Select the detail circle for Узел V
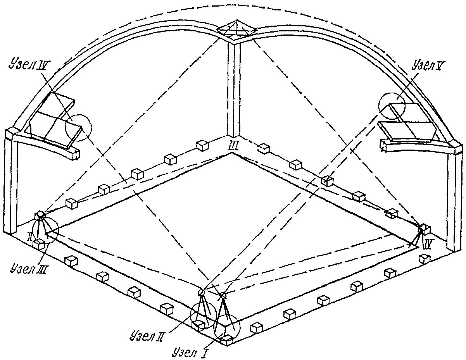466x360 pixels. click(x=392, y=105)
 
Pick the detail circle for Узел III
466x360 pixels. click(x=45, y=231)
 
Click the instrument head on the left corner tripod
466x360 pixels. click(x=40, y=215)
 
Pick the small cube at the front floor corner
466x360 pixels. click(x=227, y=340)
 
